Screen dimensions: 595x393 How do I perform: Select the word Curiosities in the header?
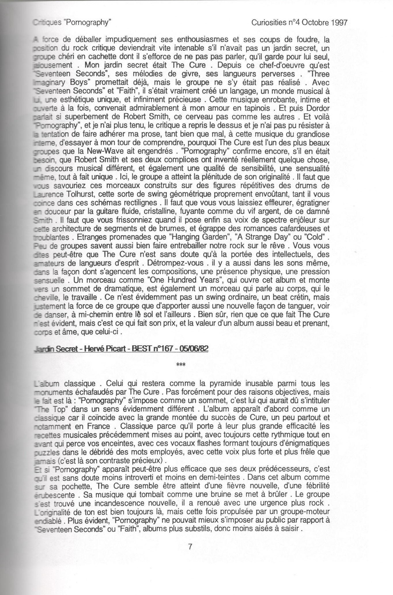[x=268, y=22]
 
